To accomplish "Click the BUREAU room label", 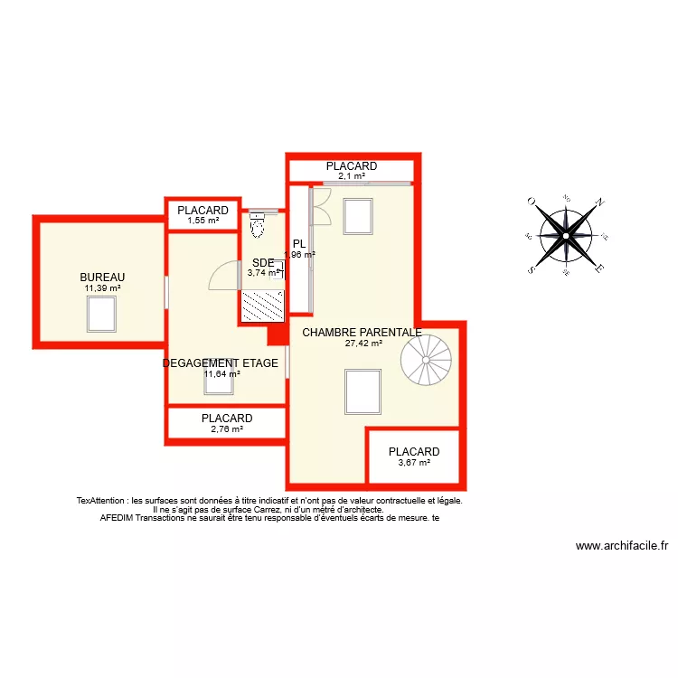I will click(102, 278).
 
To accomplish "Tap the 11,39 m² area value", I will click(102, 288).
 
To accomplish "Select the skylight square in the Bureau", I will click(101, 313).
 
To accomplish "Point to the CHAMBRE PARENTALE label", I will click(362, 333).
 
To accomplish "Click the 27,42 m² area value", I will click(363, 344).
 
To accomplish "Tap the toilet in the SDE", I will click(257, 225).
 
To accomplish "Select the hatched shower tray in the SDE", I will click(262, 306).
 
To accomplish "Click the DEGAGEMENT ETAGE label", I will click(220, 363).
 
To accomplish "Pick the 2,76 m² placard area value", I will click(227, 429).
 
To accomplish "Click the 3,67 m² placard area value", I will click(413, 463).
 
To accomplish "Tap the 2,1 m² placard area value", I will click(352, 177).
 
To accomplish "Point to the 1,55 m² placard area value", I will click(202, 221).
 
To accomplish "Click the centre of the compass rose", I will click(565, 235).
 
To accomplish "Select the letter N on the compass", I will click(599, 202).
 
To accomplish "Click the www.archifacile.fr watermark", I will click(621, 546).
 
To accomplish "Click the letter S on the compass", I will click(532, 269).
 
